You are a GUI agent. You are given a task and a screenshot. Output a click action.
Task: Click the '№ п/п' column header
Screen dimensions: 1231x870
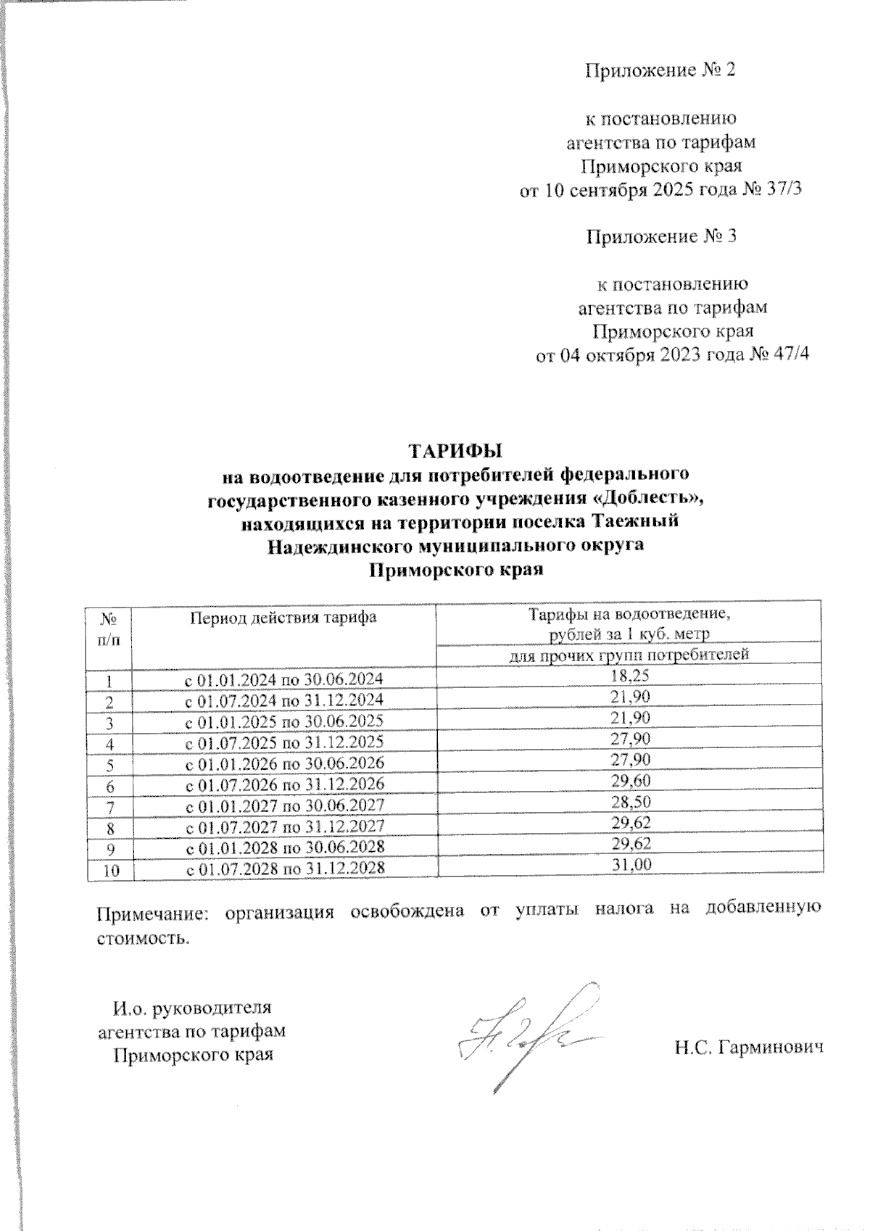(x=109, y=629)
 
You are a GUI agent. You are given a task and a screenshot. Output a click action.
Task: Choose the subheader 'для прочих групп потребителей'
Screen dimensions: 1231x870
(x=629, y=655)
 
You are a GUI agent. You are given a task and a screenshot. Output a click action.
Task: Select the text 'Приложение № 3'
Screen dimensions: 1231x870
(x=661, y=237)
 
